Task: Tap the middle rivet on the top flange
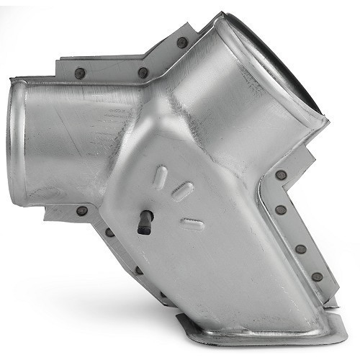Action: click(143, 73)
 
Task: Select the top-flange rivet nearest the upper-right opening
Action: click(182, 42)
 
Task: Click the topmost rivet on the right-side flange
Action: click(280, 175)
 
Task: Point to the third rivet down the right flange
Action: click(300, 249)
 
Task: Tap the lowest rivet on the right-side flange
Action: click(317, 276)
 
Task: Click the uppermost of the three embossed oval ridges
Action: click(160, 177)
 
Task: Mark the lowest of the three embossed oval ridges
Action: click(192, 224)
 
